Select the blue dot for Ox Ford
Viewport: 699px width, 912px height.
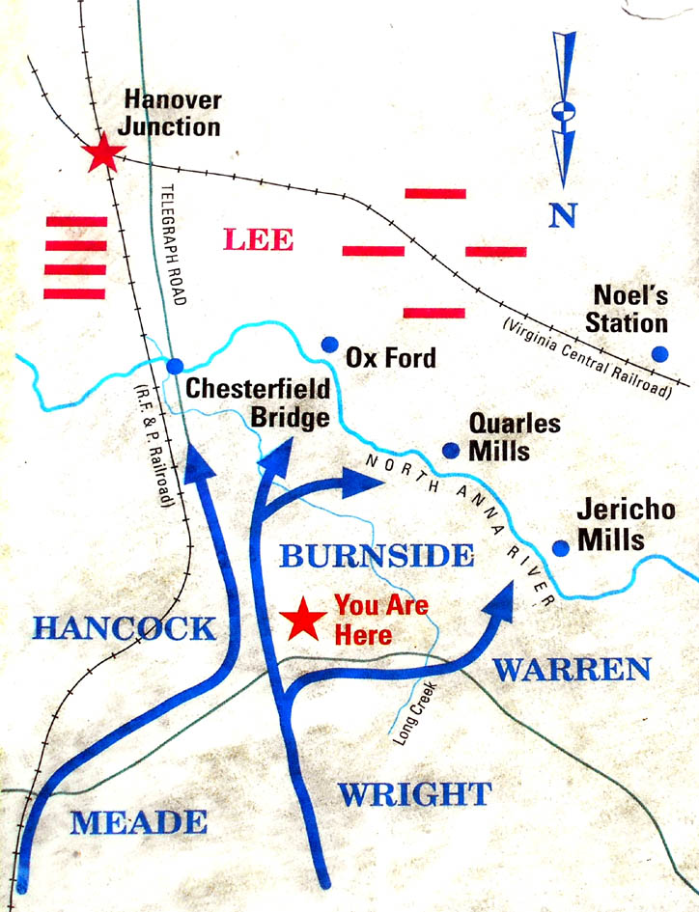click(x=329, y=345)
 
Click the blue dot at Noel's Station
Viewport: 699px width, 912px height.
click(x=659, y=353)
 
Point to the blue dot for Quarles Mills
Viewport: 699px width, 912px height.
click(x=450, y=450)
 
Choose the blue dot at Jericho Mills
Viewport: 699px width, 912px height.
click(x=560, y=548)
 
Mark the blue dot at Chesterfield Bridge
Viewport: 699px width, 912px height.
click(x=175, y=367)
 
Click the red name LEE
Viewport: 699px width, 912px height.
click(x=258, y=238)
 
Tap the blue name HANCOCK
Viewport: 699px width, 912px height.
click(x=124, y=628)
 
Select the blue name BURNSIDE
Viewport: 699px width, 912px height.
click(x=377, y=556)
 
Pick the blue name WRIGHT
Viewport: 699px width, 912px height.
click(x=414, y=794)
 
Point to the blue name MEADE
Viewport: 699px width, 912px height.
click(x=140, y=822)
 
